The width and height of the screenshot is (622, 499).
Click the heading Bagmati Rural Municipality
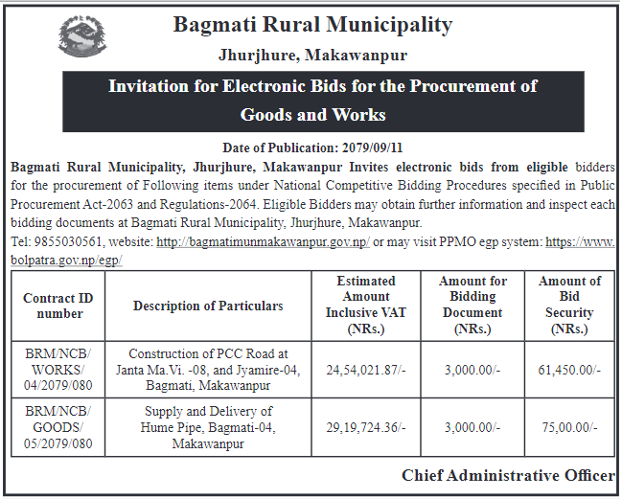click(312, 25)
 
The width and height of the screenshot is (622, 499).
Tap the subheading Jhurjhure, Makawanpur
click(312, 56)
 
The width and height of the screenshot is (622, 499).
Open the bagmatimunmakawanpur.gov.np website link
click(263, 242)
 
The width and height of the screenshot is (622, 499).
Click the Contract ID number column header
click(58, 306)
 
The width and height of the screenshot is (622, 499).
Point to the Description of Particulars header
click(208, 306)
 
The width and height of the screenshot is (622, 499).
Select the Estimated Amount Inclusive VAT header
click(364, 305)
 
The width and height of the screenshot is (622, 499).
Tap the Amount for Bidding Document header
click(472, 305)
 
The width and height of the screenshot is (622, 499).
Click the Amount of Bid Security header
click(569, 305)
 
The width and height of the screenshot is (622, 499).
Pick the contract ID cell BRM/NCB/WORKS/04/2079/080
click(58, 368)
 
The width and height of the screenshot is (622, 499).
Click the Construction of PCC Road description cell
click(208, 368)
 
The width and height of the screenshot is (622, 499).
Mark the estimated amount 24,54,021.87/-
click(364, 368)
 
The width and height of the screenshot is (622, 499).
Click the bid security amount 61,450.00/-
click(569, 368)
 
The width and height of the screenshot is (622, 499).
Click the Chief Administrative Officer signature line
click(508, 476)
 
